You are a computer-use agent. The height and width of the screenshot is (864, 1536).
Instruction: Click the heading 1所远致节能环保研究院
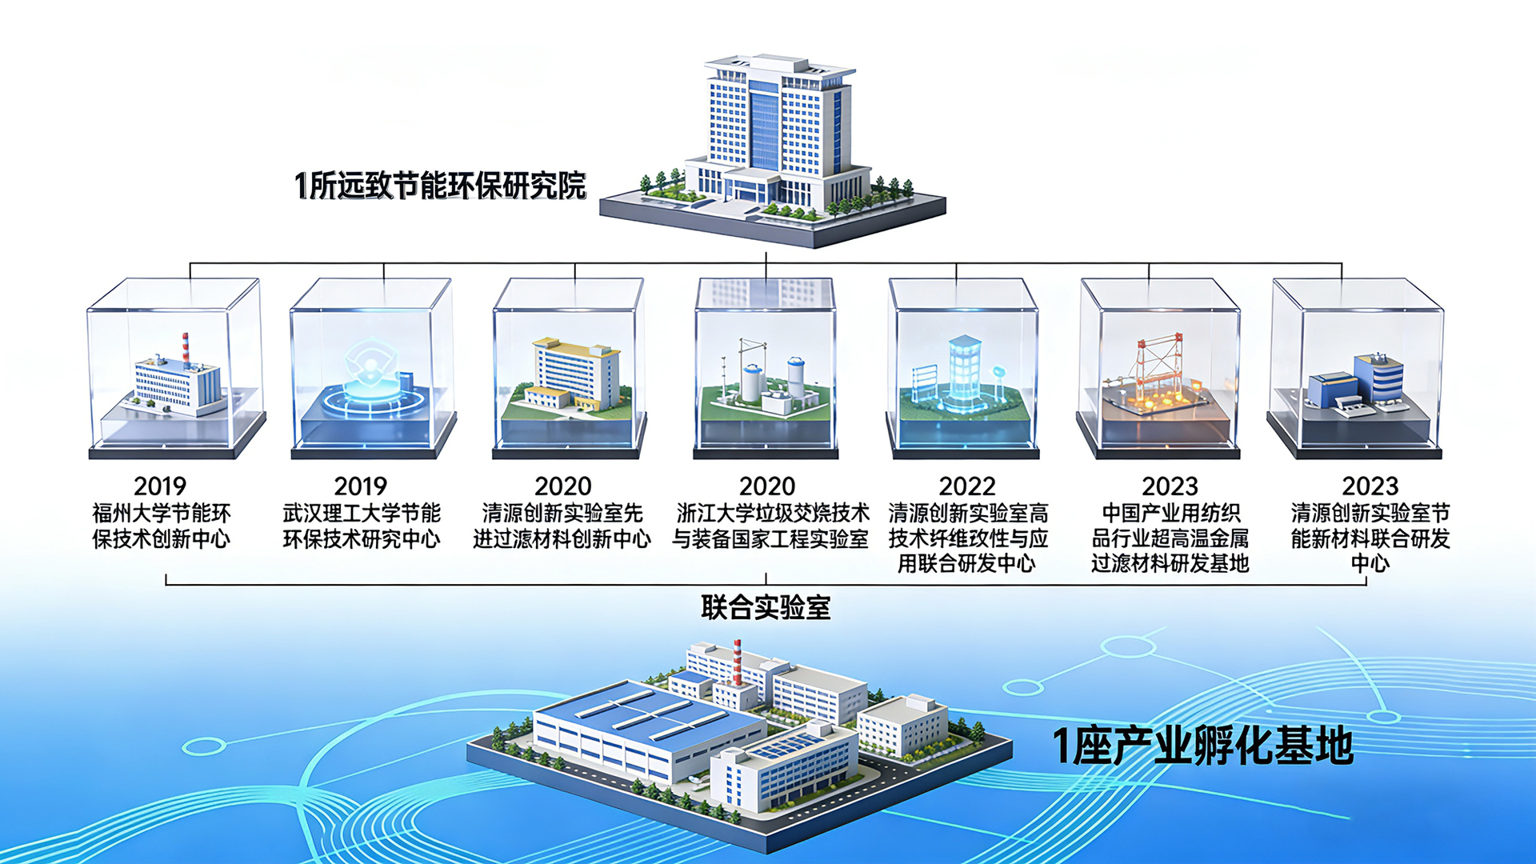(x=440, y=186)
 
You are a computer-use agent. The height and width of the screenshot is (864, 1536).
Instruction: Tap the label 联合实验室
(x=766, y=608)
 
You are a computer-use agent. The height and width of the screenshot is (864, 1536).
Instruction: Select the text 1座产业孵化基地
(x=1202, y=746)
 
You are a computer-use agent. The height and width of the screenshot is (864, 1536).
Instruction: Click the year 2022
(x=966, y=486)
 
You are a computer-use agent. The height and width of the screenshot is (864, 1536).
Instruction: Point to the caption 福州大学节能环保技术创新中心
(x=161, y=526)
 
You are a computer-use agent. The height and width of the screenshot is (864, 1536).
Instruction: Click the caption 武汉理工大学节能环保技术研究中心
(x=361, y=526)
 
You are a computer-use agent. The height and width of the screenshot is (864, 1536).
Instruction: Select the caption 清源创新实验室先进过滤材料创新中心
(x=562, y=526)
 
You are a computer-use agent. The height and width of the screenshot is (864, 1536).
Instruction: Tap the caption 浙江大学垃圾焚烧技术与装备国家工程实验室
(x=770, y=526)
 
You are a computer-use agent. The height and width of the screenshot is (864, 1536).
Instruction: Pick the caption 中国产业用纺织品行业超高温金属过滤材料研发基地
(x=1170, y=538)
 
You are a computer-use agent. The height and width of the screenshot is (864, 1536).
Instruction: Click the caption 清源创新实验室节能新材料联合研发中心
(x=1370, y=538)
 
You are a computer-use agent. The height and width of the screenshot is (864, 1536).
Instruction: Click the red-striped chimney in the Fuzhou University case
(x=186, y=349)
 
